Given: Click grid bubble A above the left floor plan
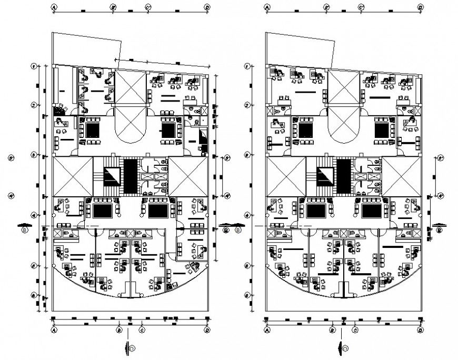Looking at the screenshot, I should coord(54,8).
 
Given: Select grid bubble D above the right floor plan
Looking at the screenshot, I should coord(420,8).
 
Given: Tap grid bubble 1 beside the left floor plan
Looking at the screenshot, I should coord(33,66).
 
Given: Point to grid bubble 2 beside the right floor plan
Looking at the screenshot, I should coord(247,106).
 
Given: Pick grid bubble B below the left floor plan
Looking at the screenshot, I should coord(120,330).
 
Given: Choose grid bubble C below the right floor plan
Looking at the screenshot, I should coord(355,330).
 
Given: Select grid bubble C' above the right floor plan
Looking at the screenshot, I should coord(362,8).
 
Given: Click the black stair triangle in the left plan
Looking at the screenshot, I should coord(112,175).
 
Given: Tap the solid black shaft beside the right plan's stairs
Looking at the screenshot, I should coord(343,176).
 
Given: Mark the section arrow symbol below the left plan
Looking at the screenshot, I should coord(128,347).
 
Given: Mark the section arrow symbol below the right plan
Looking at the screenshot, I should coord(342,347).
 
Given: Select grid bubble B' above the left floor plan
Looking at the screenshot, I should coord(113,8).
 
